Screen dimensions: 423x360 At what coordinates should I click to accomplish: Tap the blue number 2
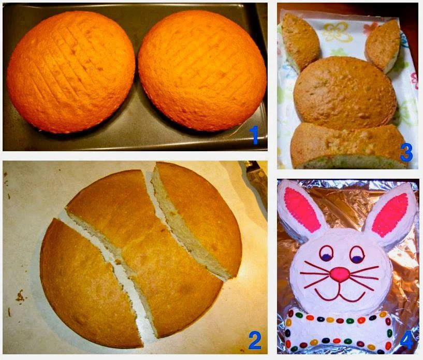click(x=255, y=340)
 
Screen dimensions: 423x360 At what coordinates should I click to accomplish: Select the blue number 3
click(x=406, y=152)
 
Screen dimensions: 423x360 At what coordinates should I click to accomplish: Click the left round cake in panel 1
click(x=71, y=72)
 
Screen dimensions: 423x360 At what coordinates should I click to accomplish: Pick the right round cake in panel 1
click(x=202, y=70)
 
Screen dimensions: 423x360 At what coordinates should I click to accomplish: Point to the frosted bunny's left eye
click(x=326, y=254)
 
